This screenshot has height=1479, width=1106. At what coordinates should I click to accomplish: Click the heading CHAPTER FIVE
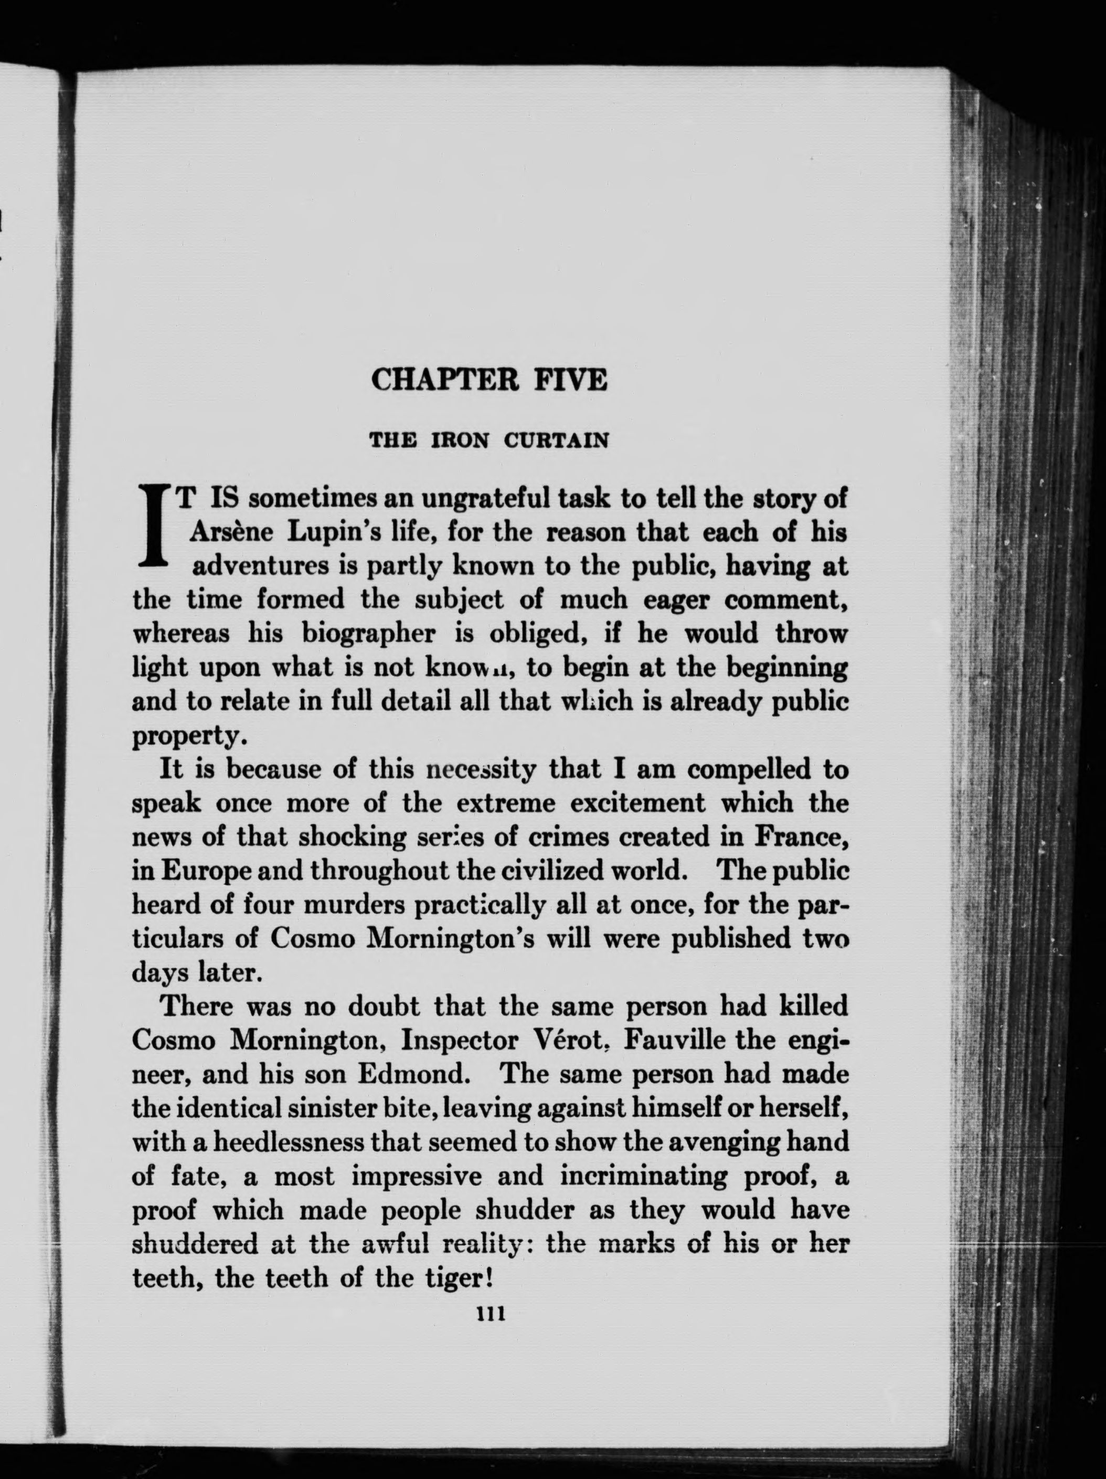(489, 380)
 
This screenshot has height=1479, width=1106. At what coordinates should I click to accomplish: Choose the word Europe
(200, 871)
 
